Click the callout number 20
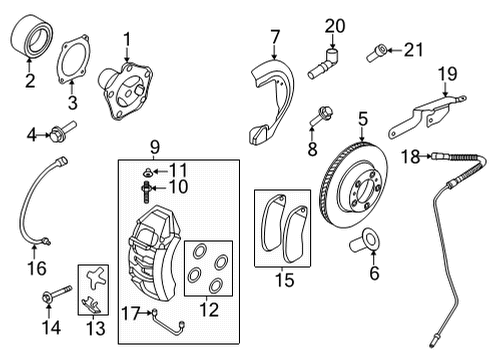[335, 26]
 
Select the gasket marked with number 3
[73, 59]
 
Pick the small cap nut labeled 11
[147, 172]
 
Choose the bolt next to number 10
[146, 192]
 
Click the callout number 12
[209, 310]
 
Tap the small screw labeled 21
[377, 53]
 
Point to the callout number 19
[447, 74]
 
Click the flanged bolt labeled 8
[321, 116]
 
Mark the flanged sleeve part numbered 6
[364, 241]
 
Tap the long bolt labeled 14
[56, 293]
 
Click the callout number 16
[37, 268]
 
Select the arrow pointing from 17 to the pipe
[146, 313]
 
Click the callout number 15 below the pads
[284, 280]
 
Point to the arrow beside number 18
[426, 156]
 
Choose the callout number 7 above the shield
[275, 37]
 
